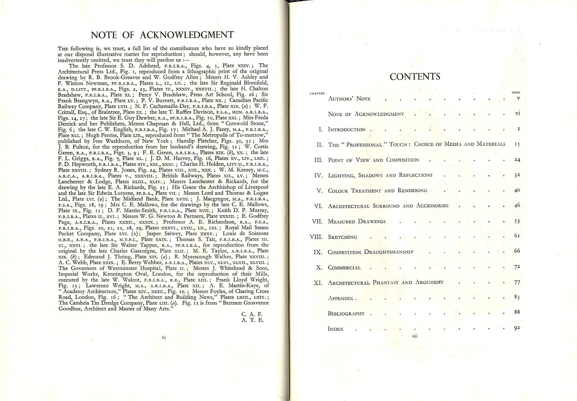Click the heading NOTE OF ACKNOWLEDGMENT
[162, 35]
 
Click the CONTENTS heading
[415, 77]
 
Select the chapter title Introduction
[346, 130]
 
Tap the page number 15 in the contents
[517, 144]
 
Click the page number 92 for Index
[517, 328]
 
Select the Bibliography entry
[346, 313]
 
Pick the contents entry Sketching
[342, 237]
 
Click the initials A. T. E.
[252, 320]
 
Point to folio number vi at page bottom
[164, 338]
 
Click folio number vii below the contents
[415, 336]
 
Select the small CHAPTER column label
[317, 94]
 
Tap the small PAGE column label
[516, 93]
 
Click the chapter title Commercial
[344, 267]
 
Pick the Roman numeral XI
[318, 282]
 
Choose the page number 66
[517, 251]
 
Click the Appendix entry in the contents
[341, 298]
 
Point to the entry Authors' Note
[349, 99]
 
